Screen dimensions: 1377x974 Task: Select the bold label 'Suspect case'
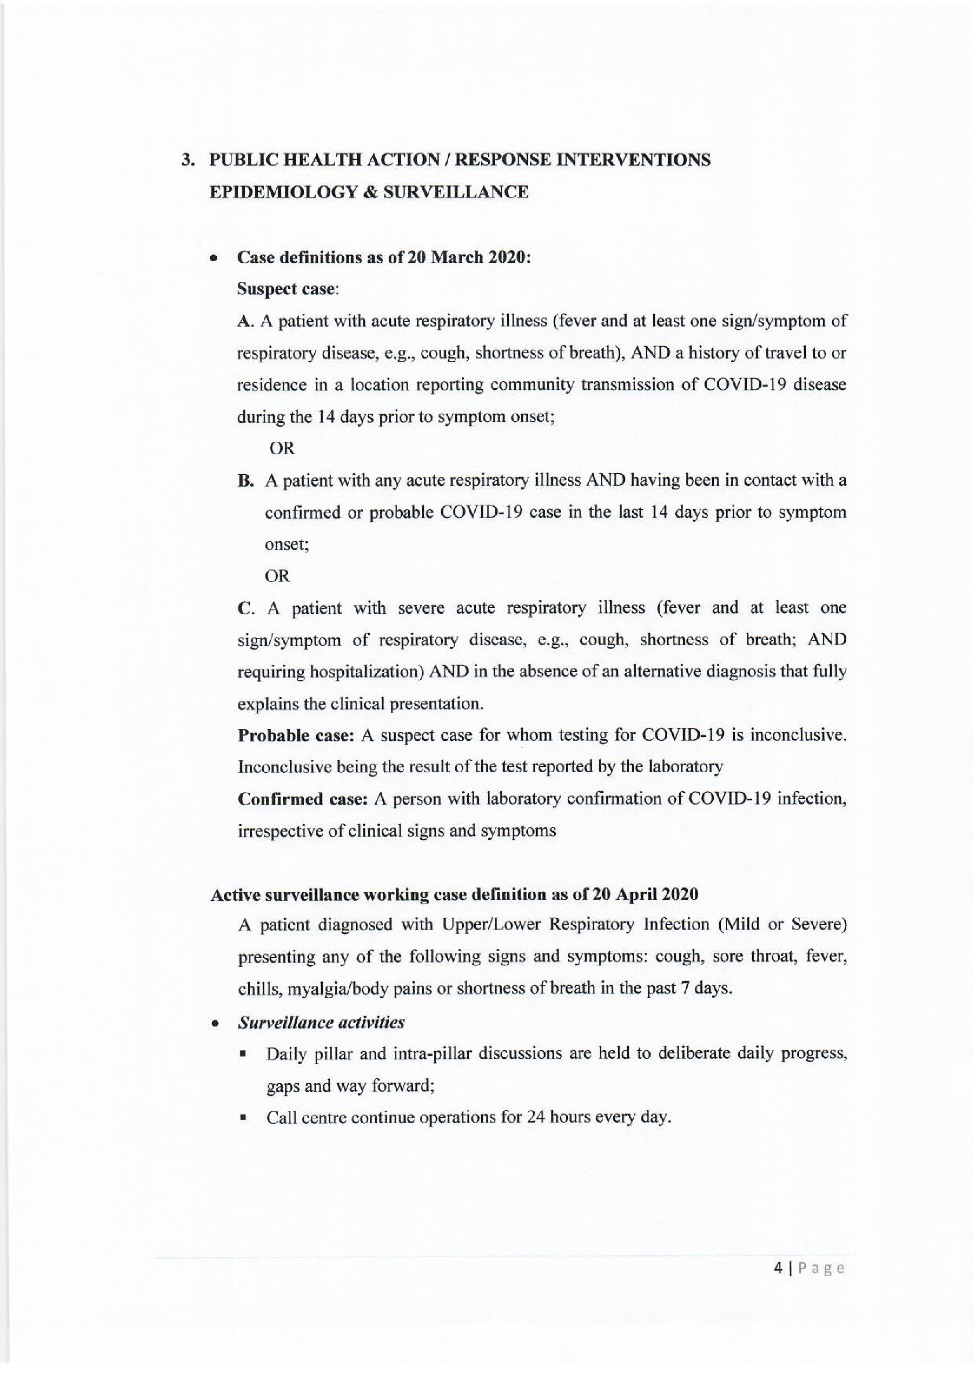coord(285,289)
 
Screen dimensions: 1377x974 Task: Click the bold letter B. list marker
coord(244,481)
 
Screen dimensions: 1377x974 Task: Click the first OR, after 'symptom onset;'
coord(282,448)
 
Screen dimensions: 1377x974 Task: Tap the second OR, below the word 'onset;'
coord(278,576)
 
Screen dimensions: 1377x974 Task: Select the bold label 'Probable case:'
coord(295,736)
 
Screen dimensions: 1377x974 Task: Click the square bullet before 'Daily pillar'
coord(244,1054)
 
